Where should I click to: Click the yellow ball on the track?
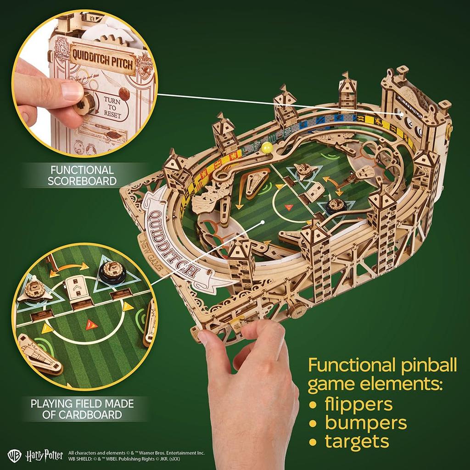pos(266,147)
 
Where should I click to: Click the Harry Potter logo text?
pos(45,455)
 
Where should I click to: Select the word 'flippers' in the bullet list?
pos(358,404)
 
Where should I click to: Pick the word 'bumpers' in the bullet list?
pos(365,423)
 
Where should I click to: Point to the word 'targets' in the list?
pos(357,441)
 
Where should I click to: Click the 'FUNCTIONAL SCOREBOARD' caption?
pos(82,175)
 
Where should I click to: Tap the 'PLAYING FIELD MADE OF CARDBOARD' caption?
pos(82,409)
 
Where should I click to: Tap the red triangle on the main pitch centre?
pos(288,207)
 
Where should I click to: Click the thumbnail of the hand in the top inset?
pos(72,90)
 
